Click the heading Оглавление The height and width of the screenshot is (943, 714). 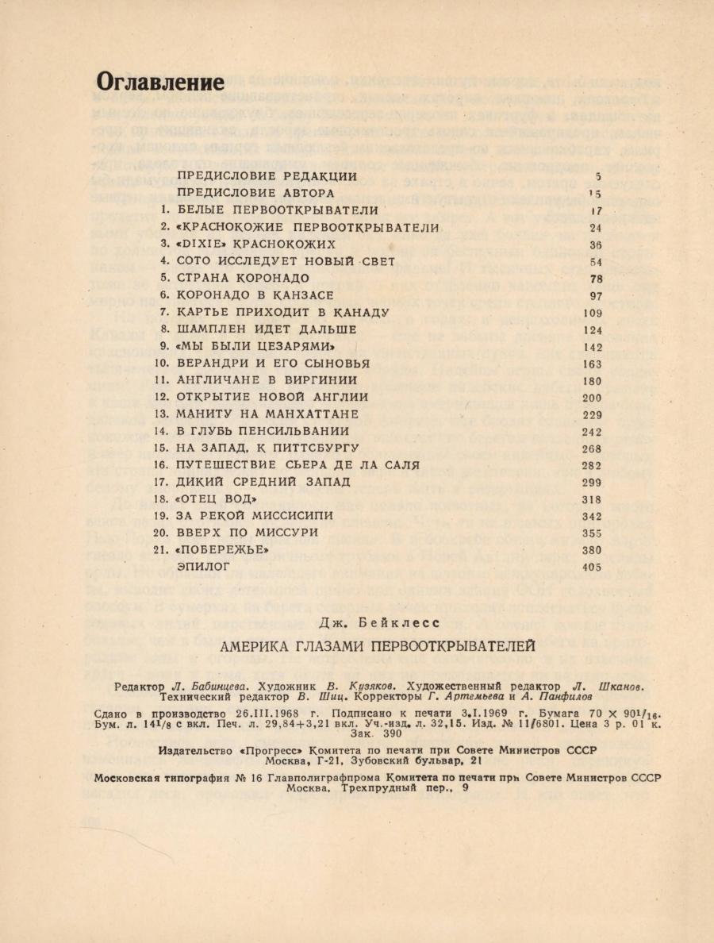tap(160, 82)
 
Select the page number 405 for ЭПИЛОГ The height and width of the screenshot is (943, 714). tap(591, 567)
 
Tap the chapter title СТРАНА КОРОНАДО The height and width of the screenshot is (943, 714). tap(243, 278)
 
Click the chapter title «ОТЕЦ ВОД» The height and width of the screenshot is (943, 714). tap(218, 499)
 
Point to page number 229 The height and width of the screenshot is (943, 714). tap(591, 414)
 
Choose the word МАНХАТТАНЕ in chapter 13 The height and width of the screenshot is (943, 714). tap(315, 414)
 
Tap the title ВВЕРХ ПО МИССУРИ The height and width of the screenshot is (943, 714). tap(248, 533)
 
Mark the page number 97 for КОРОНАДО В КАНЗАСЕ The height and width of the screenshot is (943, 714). tap(594, 295)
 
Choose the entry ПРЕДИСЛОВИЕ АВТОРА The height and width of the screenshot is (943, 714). tap(255, 194)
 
